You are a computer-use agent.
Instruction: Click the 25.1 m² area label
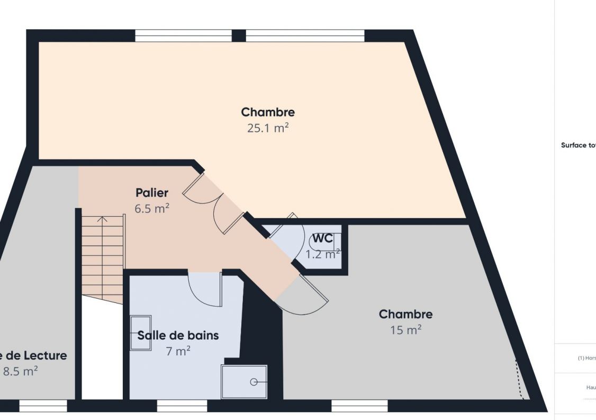[x=268, y=128]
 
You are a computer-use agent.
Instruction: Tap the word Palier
[x=151, y=193]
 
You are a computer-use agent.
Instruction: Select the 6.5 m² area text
[x=151, y=209]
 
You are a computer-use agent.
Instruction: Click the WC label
[x=322, y=238]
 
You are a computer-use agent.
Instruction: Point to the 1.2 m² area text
[x=322, y=254]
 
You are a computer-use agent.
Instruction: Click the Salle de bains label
[x=178, y=335]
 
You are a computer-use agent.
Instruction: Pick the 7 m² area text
[x=178, y=351]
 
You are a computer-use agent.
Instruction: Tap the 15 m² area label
[x=405, y=330]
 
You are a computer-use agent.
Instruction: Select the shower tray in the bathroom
[x=244, y=382]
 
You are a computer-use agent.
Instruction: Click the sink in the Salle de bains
[x=140, y=333]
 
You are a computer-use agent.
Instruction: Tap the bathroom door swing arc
[x=205, y=290]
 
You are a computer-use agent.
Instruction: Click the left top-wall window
[x=183, y=35]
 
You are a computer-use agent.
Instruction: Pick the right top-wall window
[x=305, y=35]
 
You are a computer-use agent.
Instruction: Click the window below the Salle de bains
[x=182, y=406]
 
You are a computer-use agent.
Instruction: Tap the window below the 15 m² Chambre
[x=359, y=406]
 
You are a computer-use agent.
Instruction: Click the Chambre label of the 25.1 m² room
[x=268, y=112]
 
